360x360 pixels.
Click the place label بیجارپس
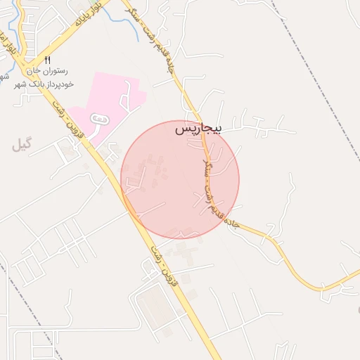point(198,129)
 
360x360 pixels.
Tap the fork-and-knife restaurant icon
point(48,60)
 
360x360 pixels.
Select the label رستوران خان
point(46,71)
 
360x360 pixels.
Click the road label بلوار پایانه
point(87,13)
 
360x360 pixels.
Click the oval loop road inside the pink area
point(100,122)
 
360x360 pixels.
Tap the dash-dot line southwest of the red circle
point(28,309)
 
